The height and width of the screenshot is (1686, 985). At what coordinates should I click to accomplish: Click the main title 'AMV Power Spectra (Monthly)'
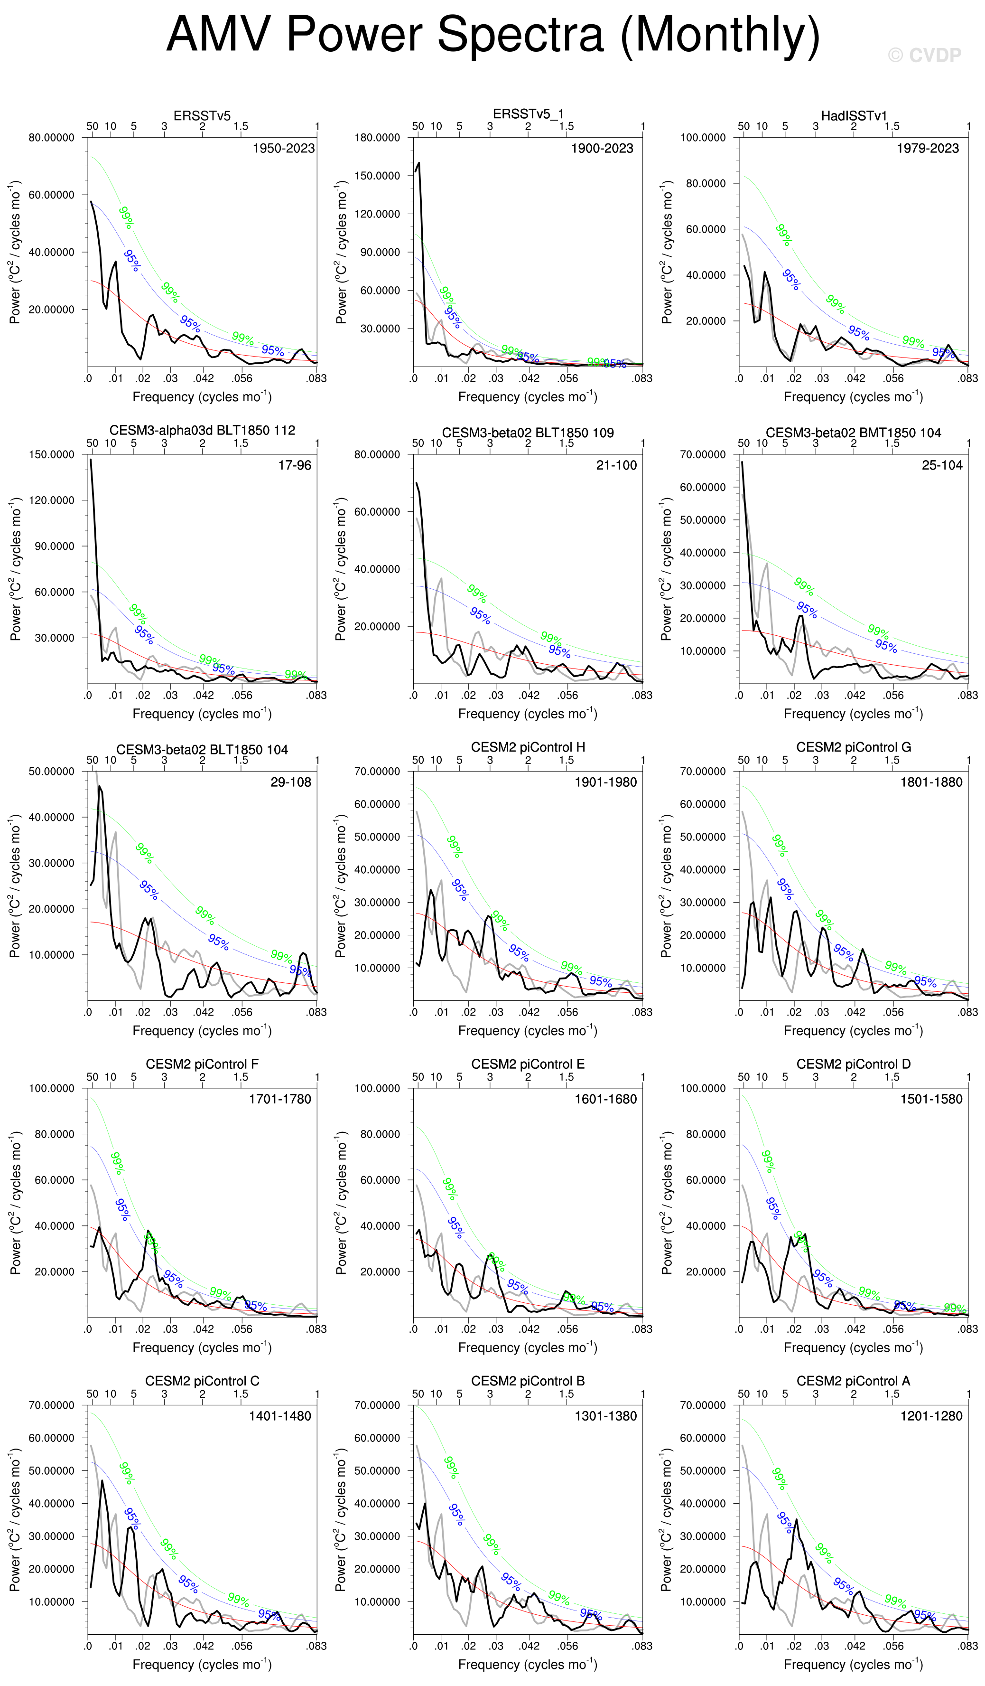click(493, 35)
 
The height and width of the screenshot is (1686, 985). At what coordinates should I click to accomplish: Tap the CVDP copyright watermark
click(925, 56)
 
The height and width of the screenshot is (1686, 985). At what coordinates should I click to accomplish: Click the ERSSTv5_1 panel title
click(528, 114)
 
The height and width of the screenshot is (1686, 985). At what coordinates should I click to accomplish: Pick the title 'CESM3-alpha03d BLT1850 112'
click(202, 430)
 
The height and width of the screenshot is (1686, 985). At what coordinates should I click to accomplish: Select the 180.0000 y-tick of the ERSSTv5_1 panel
click(377, 138)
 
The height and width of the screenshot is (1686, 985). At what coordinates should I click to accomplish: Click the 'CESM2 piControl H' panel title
click(528, 747)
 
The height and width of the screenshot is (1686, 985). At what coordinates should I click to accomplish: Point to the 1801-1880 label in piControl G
click(931, 782)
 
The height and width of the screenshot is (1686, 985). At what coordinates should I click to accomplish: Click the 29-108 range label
click(291, 782)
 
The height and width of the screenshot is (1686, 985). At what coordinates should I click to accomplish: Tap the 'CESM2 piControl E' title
click(528, 1064)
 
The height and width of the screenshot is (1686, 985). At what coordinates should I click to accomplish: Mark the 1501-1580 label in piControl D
click(931, 1099)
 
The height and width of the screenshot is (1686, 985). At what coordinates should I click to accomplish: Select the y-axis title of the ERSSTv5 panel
click(15, 252)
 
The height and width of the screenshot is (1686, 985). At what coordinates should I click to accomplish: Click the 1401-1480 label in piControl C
click(280, 1416)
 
